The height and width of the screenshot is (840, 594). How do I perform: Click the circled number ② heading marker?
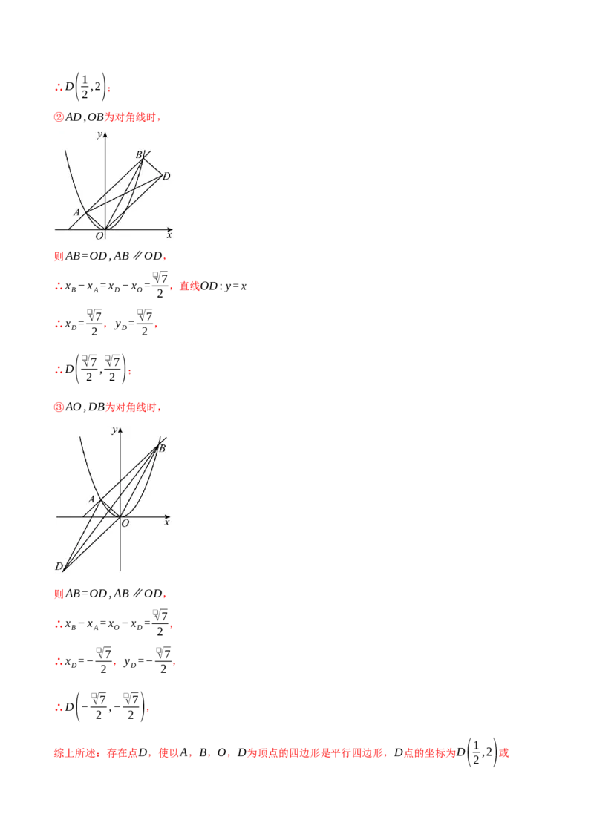pos(59,117)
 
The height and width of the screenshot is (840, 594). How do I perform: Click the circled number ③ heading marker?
pos(59,407)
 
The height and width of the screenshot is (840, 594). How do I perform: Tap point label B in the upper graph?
pos(139,155)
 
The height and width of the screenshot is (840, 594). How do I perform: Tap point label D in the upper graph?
pos(167,177)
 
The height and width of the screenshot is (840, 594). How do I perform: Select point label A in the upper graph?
pos(76,212)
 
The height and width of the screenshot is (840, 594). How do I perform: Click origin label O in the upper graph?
pos(99,236)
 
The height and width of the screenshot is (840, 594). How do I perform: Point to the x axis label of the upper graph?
pos(169,235)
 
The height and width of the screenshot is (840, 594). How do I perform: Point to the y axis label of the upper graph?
pos(99,134)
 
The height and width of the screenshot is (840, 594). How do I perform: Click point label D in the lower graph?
pos(59,566)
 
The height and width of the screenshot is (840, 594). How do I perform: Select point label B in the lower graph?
pos(162,448)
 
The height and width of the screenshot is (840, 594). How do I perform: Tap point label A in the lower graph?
pos(91,499)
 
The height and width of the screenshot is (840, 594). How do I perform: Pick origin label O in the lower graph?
pos(125,523)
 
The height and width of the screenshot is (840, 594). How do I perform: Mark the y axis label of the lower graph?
pos(114,430)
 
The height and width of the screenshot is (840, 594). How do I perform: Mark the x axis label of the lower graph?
pos(167,522)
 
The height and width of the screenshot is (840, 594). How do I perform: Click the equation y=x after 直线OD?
pos(236,286)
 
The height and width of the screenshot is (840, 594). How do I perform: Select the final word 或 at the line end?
pos(504,752)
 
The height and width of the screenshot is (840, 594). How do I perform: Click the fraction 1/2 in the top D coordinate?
pos(85,87)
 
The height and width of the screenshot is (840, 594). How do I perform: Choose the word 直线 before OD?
pos(189,286)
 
